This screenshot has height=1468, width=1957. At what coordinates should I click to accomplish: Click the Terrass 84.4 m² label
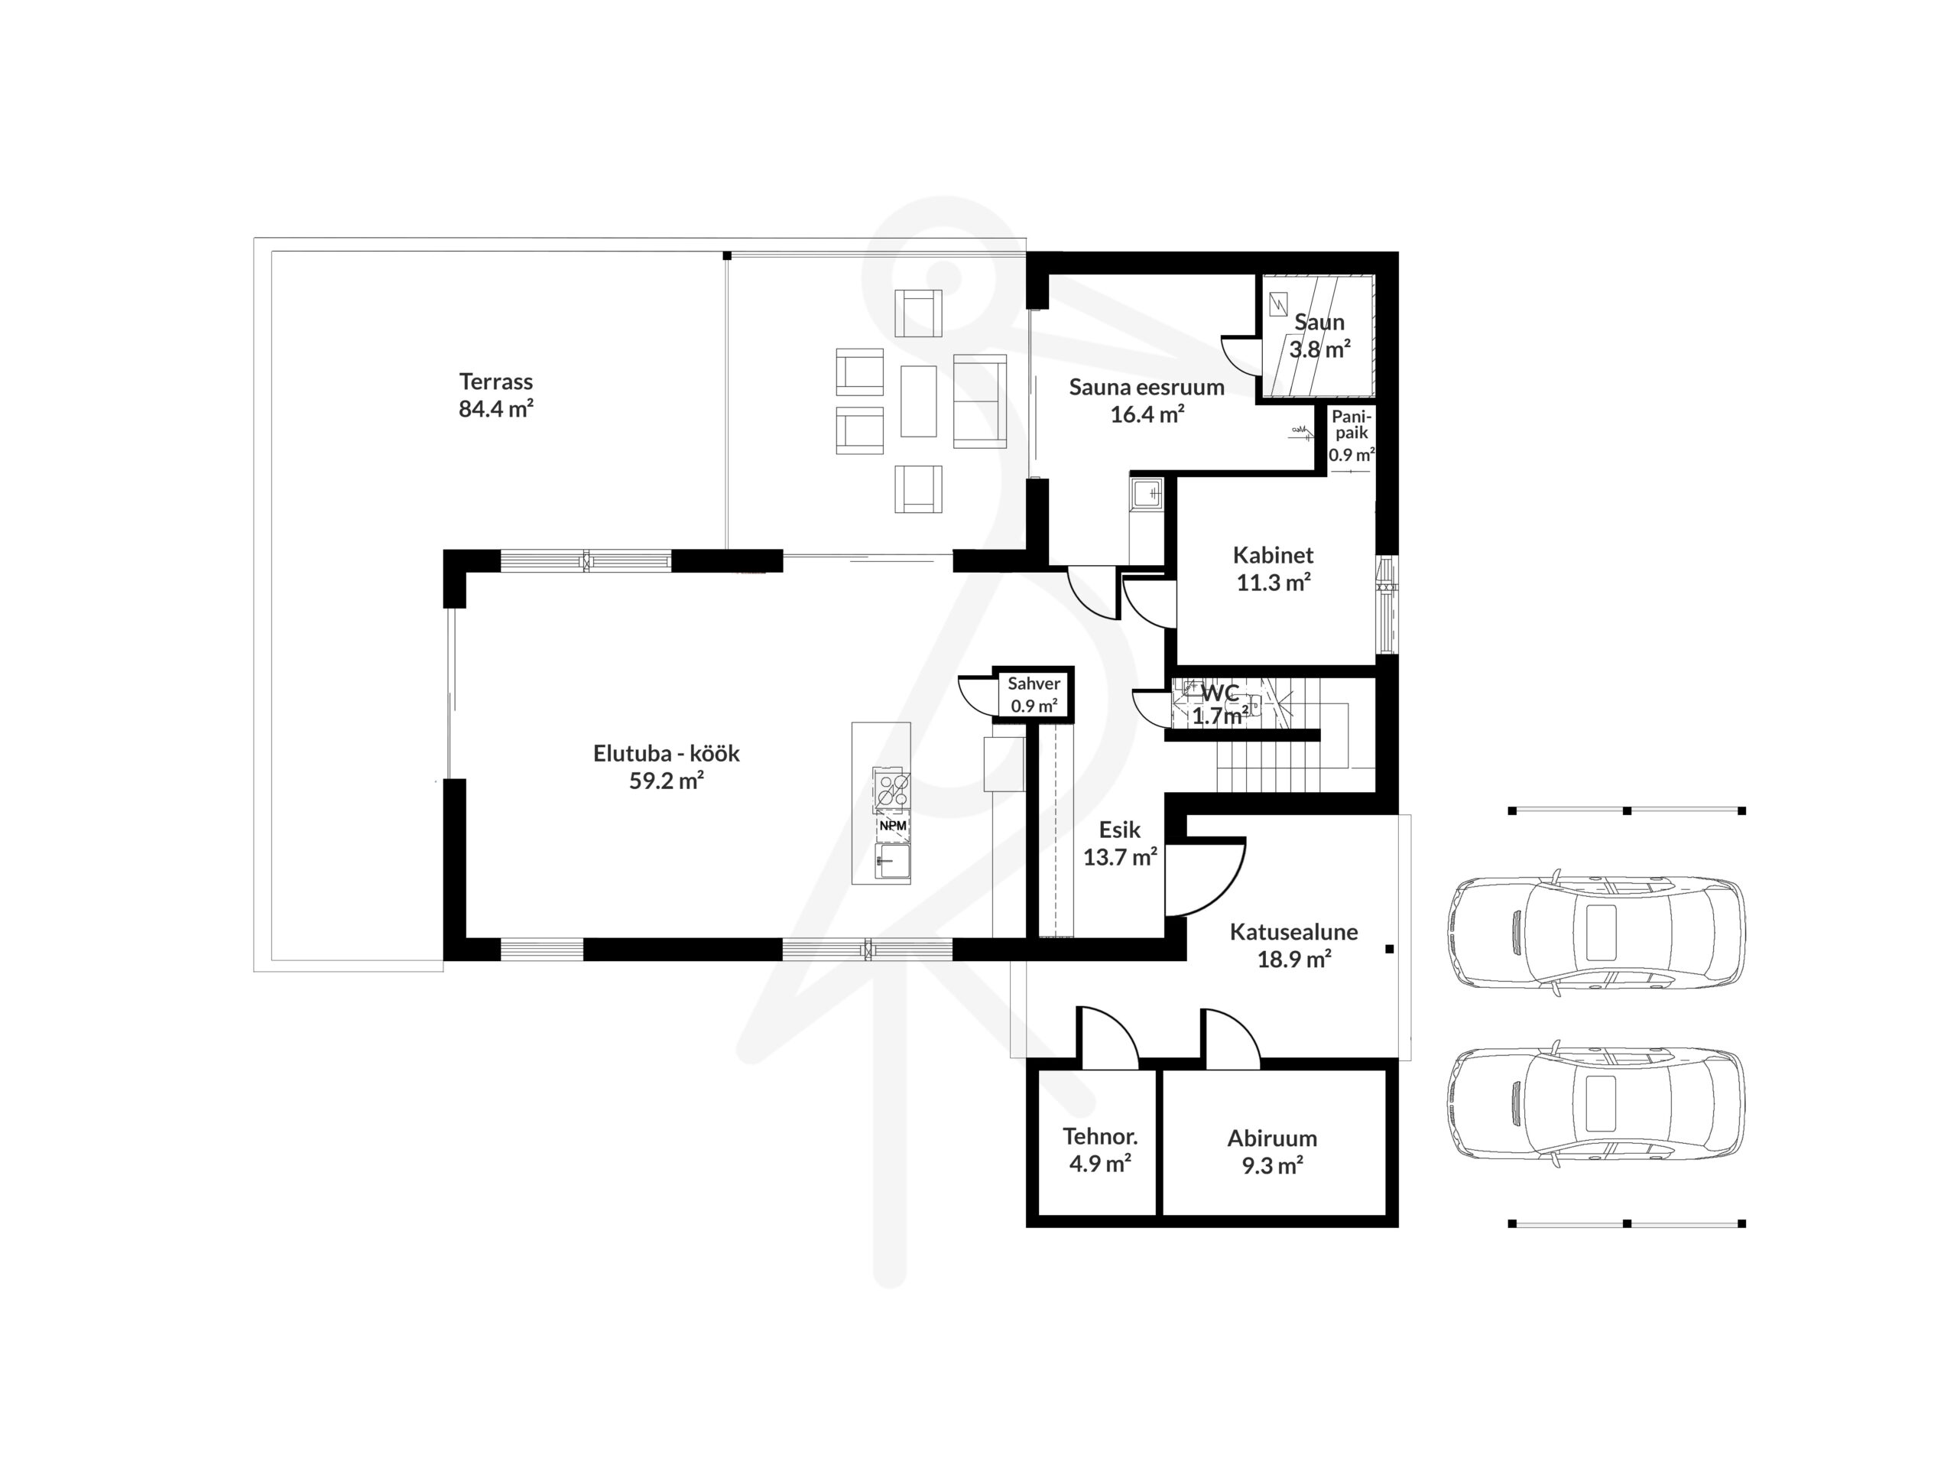click(x=495, y=395)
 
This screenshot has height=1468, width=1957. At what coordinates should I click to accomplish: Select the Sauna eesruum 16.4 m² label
click(x=1147, y=400)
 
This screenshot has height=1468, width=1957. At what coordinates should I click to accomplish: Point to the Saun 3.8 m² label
click(x=1319, y=336)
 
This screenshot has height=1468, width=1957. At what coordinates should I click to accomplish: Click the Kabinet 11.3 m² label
click(x=1273, y=568)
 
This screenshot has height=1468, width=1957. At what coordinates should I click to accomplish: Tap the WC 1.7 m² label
click(x=1220, y=705)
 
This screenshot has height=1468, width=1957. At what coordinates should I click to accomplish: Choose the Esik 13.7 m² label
click(x=1120, y=843)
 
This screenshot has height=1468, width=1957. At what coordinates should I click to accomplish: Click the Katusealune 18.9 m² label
click(x=1293, y=945)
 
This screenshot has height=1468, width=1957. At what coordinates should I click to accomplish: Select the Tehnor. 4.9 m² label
click(x=1100, y=1149)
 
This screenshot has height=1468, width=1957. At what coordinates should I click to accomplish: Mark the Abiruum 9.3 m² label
click(x=1272, y=1151)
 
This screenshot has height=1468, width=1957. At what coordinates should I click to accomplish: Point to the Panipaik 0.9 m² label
click(x=1352, y=435)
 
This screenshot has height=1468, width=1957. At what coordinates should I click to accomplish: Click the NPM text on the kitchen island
click(x=893, y=826)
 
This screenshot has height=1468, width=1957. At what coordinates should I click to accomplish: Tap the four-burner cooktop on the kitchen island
click(x=892, y=788)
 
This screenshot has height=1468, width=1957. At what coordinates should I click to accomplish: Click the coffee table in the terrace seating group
click(x=918, y=401)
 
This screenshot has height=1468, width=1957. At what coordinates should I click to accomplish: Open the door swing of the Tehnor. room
click(x=1107, y=1037)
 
